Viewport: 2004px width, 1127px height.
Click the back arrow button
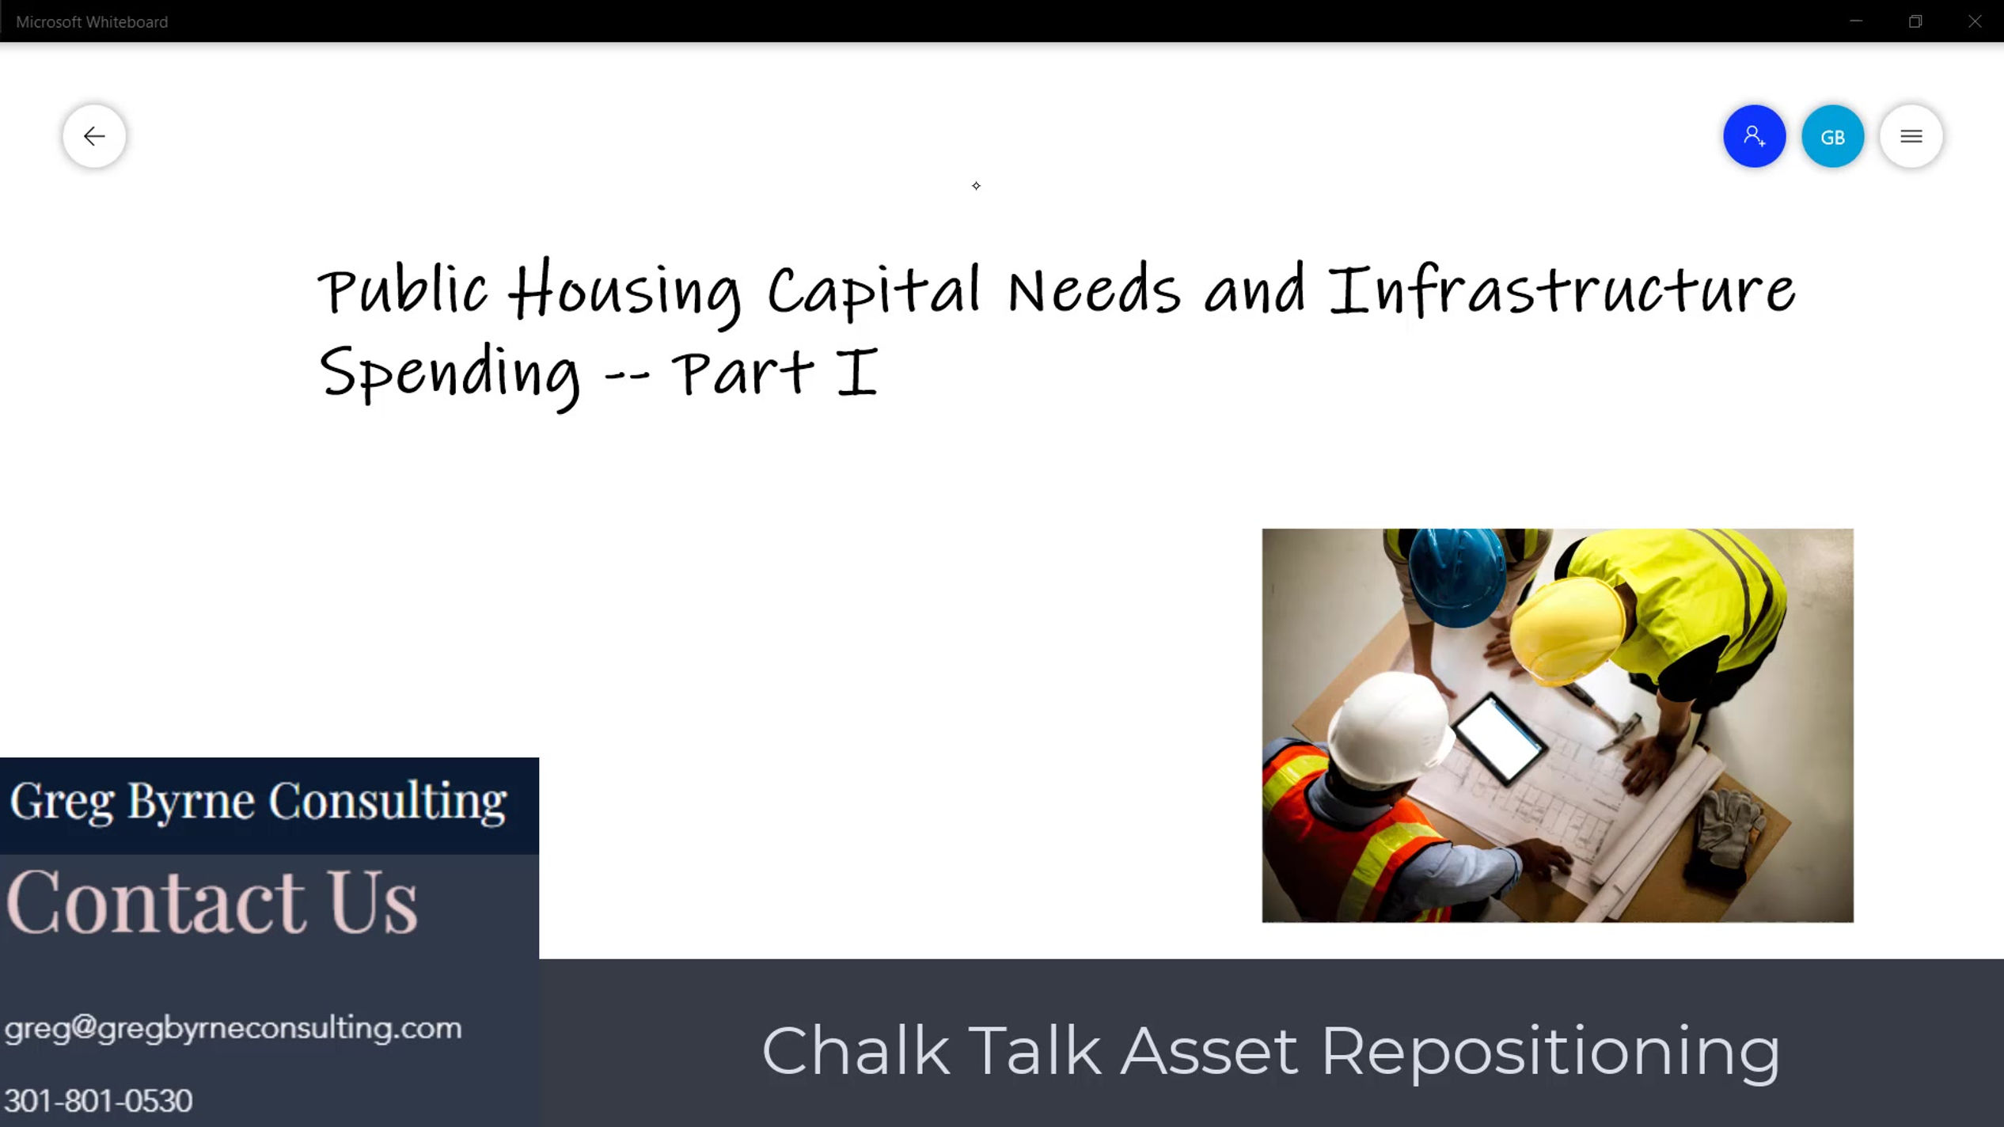(x=94, y=136)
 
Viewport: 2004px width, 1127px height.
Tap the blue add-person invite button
(x=1754, y=136)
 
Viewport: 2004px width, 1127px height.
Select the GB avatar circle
(x=1832, y=136)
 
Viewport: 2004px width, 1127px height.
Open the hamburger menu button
(x=1911, y=136)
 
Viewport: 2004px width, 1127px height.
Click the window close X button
(x=1975, y=21)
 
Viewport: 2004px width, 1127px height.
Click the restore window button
(x=1915, y=21)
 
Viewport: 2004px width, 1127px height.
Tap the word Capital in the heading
(x=874, y=291)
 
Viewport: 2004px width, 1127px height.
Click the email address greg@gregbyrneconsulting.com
(x=233, y=1028)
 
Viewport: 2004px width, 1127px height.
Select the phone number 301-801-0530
(x=98, y=1101)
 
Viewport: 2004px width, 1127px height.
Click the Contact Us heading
(x=211, y=902)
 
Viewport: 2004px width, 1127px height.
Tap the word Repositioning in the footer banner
(x=1550, y=1051)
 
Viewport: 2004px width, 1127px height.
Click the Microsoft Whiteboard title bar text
(x=92, y=22)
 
